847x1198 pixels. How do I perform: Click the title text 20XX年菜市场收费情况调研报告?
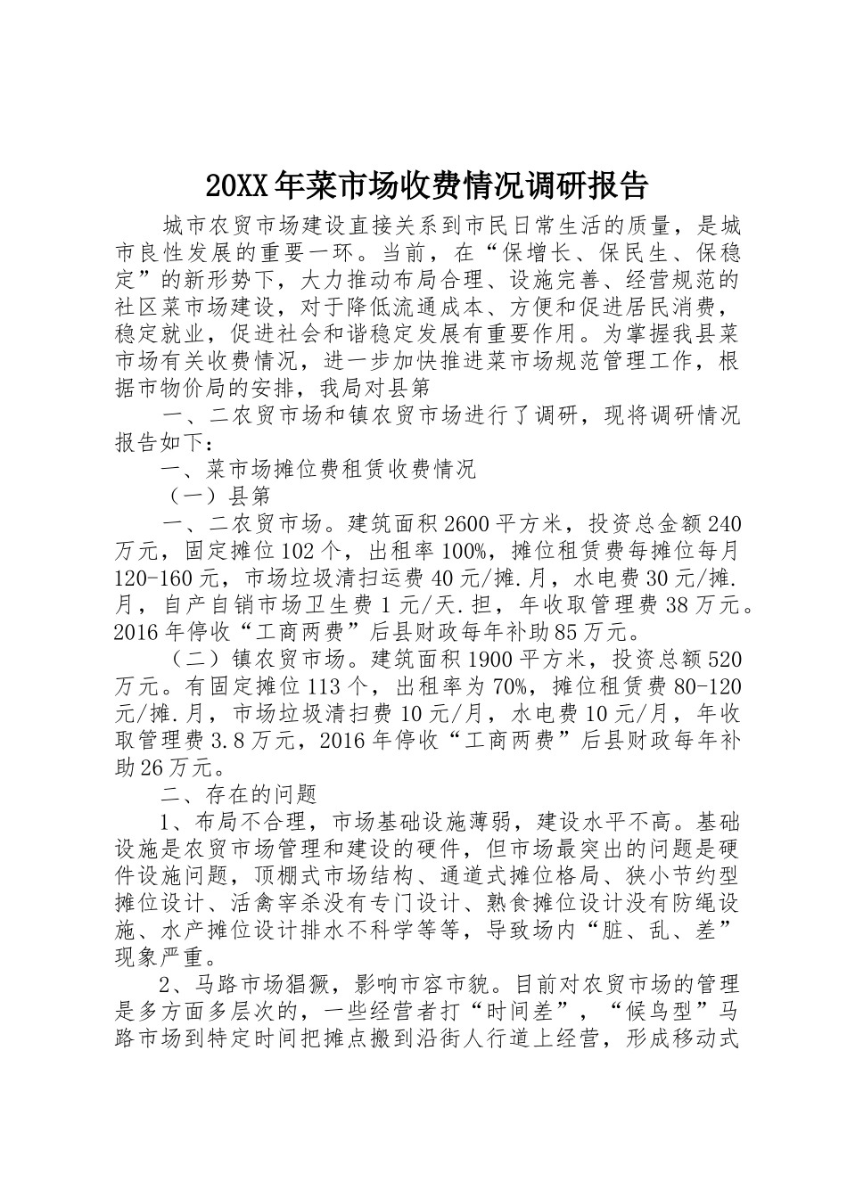coord(426,186)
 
